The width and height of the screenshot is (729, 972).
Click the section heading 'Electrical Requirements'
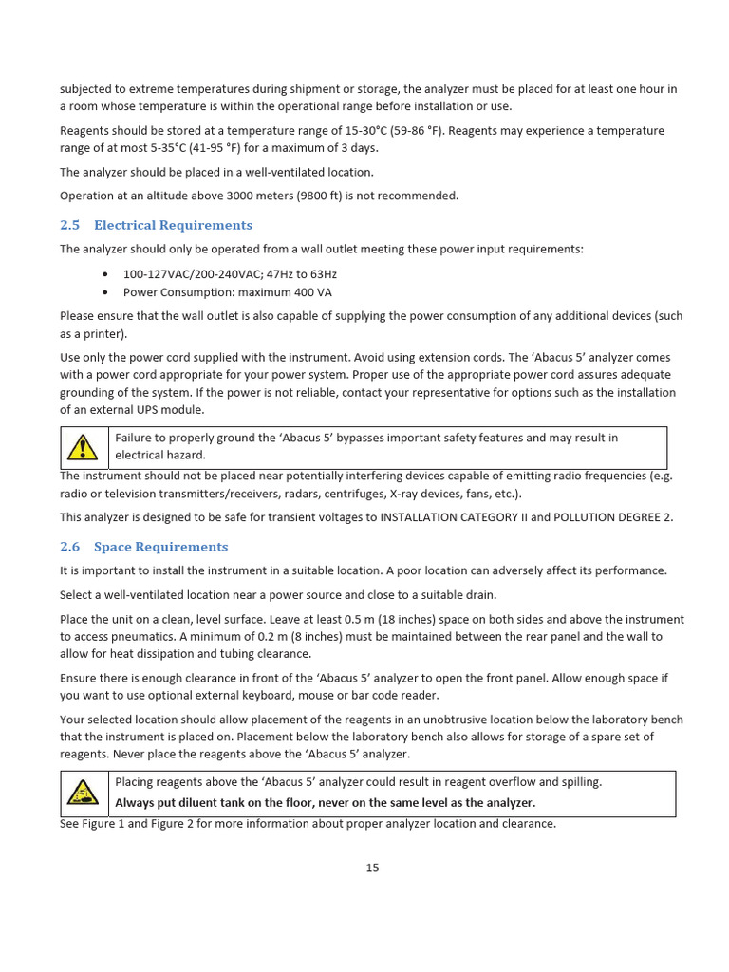tap(173, 225)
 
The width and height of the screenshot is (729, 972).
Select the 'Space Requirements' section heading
tap(160, 547)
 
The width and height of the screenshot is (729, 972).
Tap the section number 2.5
tap(70, 225)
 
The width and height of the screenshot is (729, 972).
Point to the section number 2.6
tap(70, 547)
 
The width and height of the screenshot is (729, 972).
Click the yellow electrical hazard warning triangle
tap(84, 446)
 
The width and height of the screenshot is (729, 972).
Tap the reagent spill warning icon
tap(84, 794)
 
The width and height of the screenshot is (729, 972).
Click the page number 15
tap(372, 868)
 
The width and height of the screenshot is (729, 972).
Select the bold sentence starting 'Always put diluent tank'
tap(325, 802)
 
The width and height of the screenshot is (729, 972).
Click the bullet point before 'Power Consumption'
tap(103, 292)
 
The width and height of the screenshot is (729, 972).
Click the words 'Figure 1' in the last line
tap(104, 824)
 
